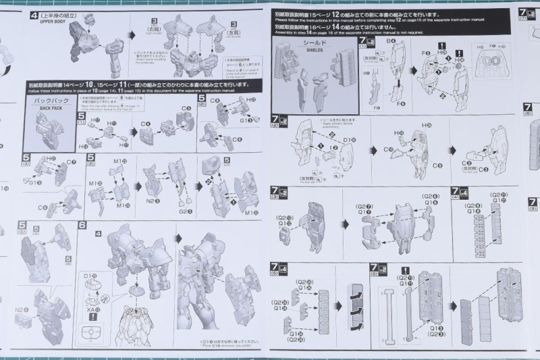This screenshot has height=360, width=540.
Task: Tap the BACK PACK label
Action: click(x=50, y=108)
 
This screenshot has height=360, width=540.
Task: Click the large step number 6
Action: click(x=82, y=226)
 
